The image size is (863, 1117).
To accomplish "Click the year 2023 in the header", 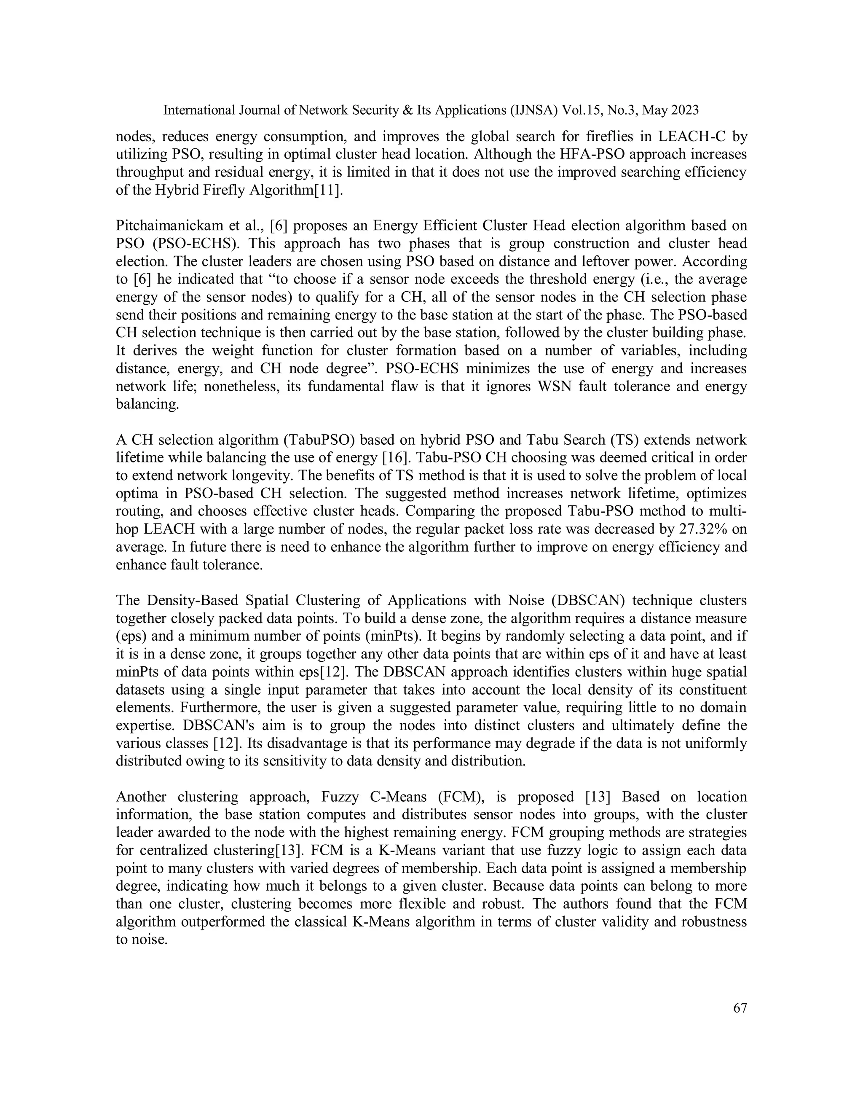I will tap(685, 110).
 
